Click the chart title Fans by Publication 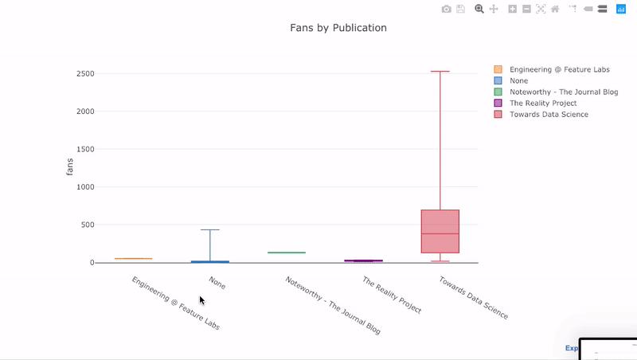pyautogui.click(x=338, y=28)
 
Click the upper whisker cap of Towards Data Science pyautogui.click(x=440, y=72)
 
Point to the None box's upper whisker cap pyautogui.click(x=210, y=230)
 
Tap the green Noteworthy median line pyautogui.click(x=287, y=252)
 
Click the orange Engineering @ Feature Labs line pyautogui.click(x=134, y=259)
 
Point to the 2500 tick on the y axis pyautogui.click(x=85, y=74)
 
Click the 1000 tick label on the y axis pyautogui.click(x=85, y=187)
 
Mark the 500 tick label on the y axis pyautogui.click(x=88, y=225)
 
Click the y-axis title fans pyautogui.click(x=70, y=167)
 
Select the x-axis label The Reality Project pyautogui.click(x=392, y=295)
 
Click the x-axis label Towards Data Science pyautogui.click(x=473, y=298)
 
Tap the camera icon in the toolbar pyautogui.click(x=447, y=9)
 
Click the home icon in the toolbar pyautogui.click(x=555, y=9)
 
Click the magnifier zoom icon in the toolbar pyautogui.click(x=479, y=9)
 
